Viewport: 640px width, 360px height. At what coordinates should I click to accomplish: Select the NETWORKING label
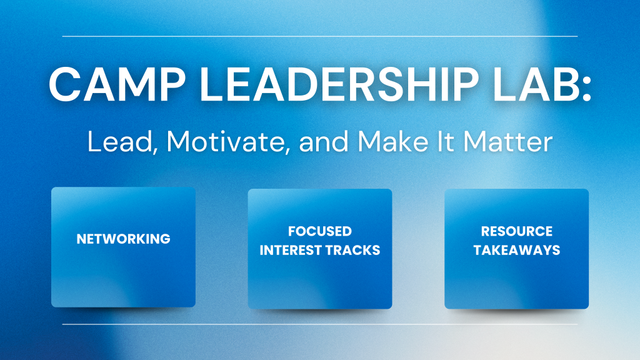[123, 239]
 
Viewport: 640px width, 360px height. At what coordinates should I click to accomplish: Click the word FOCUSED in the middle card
[320, 231]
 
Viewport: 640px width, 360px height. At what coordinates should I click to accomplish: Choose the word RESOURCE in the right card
[516, 231]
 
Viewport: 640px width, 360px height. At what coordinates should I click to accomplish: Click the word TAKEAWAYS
[516, 251]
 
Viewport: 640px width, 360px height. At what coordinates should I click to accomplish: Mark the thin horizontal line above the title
[320, 36]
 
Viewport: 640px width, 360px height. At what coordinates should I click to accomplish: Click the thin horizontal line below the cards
[320, 324]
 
